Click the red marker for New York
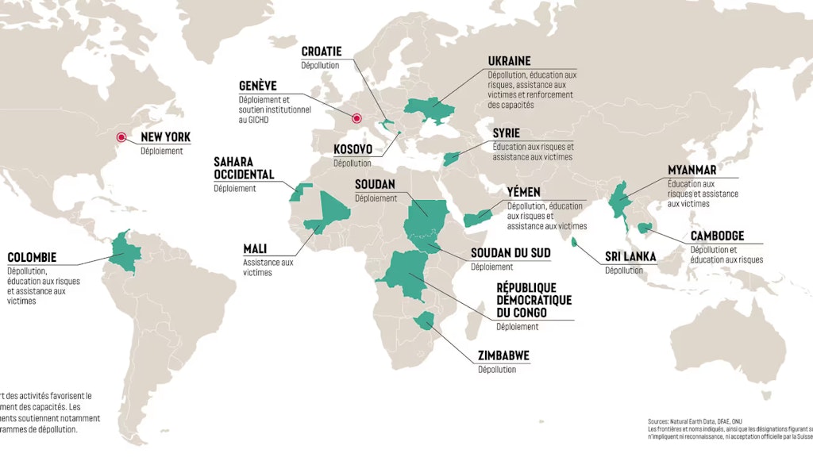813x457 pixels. [x=121, y=137]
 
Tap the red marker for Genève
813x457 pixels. [x=356, y=119]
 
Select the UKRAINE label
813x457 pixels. [x=510, y=61]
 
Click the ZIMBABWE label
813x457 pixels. [x=503, y=355]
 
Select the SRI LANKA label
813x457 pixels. [x=630, y=256]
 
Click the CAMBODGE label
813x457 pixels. [x=717, y=236]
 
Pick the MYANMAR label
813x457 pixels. [x=692, y=170]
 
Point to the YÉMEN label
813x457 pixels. [x=523, y=192]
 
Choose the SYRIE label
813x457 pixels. [x=506, y=133]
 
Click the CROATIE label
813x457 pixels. [x=322, y=52]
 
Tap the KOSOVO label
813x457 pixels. [x=353, y=149]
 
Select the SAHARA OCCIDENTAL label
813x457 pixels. [x=244, y=168]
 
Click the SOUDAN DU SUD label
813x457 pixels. [x=511, y=253]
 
